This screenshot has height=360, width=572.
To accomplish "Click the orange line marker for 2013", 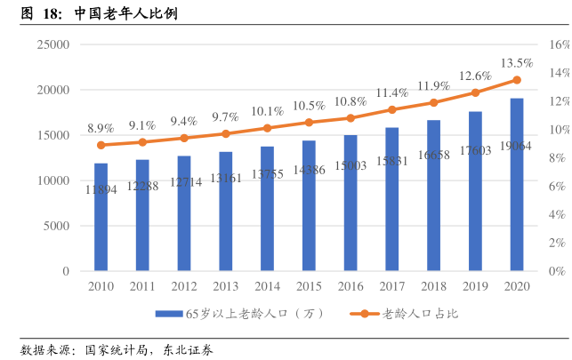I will coord(225,133).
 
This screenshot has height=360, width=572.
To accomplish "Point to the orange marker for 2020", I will coord(516,80).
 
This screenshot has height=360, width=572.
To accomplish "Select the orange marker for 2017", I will coord(391,110).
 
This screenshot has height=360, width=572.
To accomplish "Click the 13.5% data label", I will coord(517,63).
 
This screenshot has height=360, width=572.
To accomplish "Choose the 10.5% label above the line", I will coord(309,105).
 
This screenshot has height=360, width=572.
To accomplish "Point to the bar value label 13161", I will coord(225,178).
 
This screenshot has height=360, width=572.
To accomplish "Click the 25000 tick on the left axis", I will coord(52,44).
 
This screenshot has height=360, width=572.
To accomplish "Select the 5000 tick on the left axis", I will coord(56,226).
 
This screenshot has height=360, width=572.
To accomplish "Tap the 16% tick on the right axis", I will coord(558,44).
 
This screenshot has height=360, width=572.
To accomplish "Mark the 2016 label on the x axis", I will coord(350,286).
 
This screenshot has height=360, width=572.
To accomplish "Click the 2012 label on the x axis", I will coord(183,286).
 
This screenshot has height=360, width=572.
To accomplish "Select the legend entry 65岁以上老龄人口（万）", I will coord(240,314).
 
